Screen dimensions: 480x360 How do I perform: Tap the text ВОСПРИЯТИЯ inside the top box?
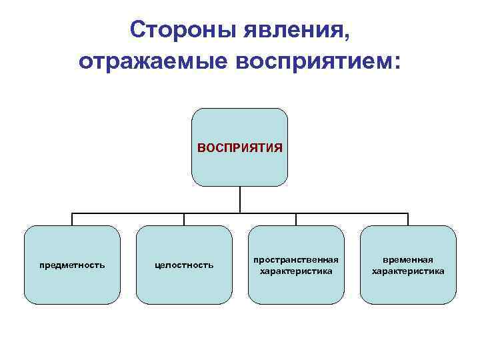[240, 147]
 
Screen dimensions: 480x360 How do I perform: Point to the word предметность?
[72, 265]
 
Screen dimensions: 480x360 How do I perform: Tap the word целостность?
[184, 265]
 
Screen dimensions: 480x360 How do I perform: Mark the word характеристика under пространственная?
[296, 271]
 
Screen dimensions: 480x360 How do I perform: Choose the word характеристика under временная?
[408, 271]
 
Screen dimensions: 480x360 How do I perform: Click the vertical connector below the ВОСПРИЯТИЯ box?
[240, 199]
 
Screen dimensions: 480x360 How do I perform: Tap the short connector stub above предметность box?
[72, 219]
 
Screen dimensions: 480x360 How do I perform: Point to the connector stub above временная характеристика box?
[408, 219]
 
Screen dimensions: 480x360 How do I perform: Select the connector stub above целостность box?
[184, 219]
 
